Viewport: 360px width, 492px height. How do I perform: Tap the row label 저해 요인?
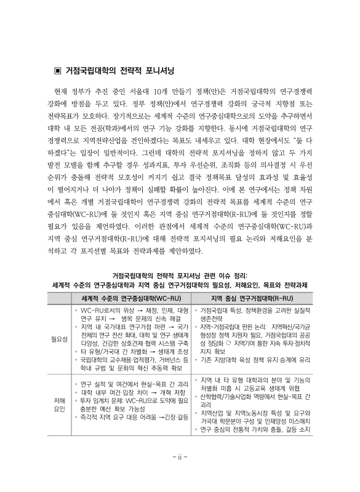(x=59, y=407)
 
